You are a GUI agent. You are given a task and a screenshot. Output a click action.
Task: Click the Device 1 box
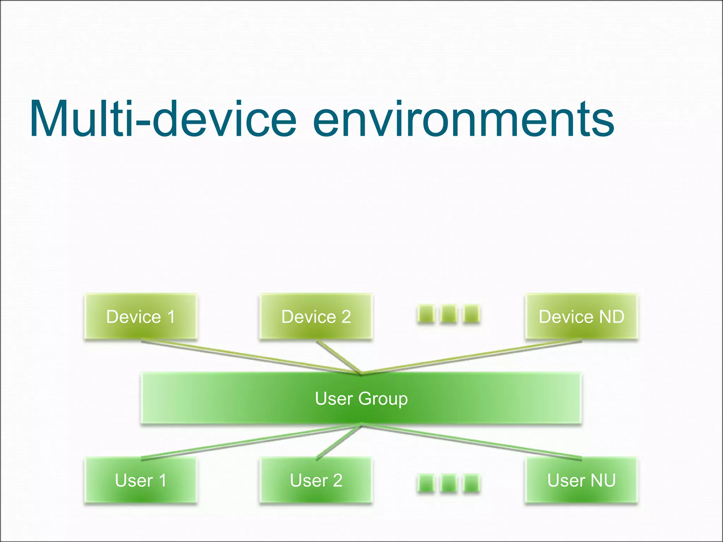(x=141, y=317)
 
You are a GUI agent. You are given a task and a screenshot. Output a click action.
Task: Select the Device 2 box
(x=316, y=317)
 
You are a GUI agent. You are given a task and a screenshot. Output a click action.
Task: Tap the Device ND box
(x=581, y=317)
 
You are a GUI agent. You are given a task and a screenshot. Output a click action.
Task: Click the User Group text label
(x=361, y=399)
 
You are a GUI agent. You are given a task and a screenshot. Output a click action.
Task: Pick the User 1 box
(x=141, y=480)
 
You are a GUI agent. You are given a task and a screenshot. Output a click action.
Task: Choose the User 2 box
(x=316, y=480)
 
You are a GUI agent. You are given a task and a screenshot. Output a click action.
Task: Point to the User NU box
(x=581, y=480)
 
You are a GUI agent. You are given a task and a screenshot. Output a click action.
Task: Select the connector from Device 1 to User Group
(x=247, y=356)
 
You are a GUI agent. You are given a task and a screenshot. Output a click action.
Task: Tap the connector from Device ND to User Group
(x=473, y=356)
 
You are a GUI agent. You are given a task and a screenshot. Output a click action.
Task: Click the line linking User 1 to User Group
(x=247, y=442)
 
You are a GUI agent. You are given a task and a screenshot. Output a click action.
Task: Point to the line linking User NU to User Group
(x=473, y=442)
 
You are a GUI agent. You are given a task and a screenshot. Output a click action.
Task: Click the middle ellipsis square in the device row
(x=449, y=314)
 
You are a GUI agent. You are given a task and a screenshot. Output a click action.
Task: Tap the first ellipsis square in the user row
(x=426, y=483)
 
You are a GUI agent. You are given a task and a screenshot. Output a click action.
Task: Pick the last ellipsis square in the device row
(x=471, y=314)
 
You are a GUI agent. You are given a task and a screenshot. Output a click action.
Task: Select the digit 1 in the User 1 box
(x=162, y=480)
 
